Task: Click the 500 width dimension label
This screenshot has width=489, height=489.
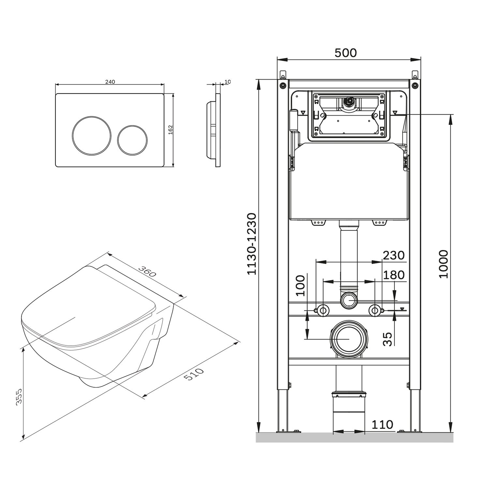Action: [346, 53]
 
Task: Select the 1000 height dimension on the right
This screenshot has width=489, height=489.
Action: [444, 264]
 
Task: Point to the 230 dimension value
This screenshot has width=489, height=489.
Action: [393, 255]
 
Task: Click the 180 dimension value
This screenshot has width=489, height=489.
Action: [393, 275]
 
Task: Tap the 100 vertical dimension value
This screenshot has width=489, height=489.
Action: [301, 286]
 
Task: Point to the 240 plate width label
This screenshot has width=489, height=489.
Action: [110, 82]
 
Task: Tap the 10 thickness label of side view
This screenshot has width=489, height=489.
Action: [228, 82]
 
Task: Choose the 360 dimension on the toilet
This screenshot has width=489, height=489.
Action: [147, 271]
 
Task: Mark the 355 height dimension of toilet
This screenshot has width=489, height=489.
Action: [19, 396]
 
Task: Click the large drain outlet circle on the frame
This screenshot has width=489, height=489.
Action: [349, 339]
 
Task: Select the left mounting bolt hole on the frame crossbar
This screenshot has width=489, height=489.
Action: [323, 310]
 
